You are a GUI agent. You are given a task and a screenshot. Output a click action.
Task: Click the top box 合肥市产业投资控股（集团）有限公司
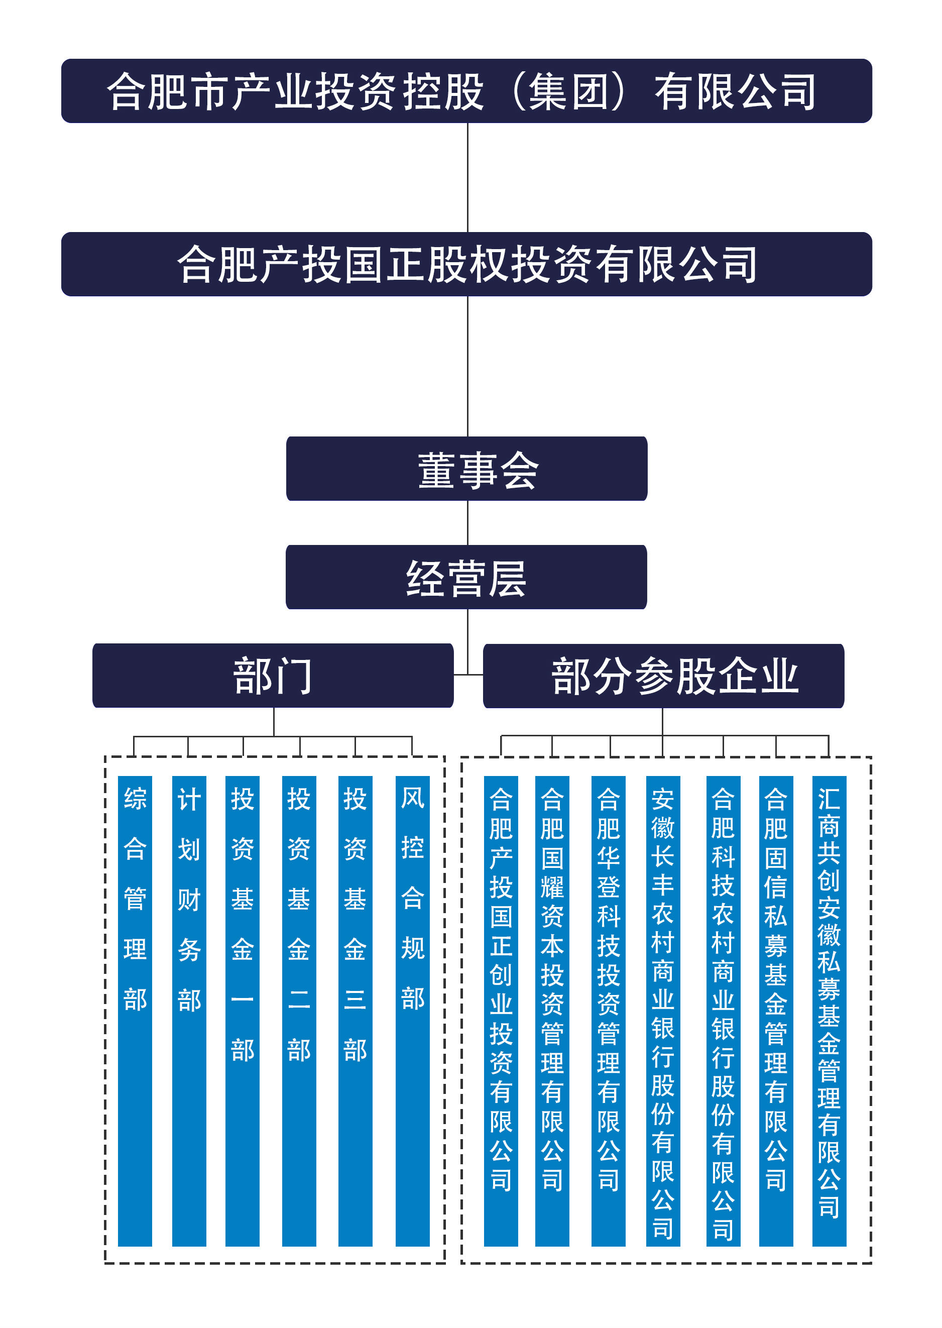(x=466, y=91)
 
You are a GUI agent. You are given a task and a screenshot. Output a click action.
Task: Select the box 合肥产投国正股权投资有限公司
(x=466, y=264)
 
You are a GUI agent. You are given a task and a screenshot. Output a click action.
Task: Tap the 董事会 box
(x=466, y=469)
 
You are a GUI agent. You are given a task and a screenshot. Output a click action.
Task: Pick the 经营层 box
(x=466, y=577)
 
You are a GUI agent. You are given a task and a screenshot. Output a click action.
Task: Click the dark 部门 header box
(x=273, y=676)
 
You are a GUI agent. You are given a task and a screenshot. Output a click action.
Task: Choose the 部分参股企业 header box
(x=663, y=676)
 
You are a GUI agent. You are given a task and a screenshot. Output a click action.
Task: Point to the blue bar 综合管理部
(x=135, y=1010)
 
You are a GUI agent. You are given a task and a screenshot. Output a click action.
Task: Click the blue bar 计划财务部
(x=189, y=1010)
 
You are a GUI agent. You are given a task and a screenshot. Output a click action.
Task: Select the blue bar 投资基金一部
(x=243, y=1010)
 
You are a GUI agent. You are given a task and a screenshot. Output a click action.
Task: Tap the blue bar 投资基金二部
(x=299, y=1010)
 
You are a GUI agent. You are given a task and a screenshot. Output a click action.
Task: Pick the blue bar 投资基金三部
(x=355, y=1010)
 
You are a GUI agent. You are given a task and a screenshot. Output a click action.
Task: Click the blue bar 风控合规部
(x=412, y=1010)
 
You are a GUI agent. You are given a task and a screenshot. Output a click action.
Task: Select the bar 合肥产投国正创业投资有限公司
(x=501, y=1010)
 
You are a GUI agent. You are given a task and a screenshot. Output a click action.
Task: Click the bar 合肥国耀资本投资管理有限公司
(x=552, y=1010)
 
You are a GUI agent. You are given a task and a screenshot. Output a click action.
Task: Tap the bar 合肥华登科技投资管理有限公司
(x=608, y=1010)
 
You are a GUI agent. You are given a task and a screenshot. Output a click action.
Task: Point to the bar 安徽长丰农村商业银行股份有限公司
(x=662, y=1010)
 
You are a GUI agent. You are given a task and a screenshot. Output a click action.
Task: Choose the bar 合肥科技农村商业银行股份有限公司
(x=723, y=1010)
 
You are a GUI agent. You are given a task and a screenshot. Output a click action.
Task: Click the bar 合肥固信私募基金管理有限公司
(x=775, y=1010)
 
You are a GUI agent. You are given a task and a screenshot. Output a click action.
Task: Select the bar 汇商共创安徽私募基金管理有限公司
(x=829, y=1010)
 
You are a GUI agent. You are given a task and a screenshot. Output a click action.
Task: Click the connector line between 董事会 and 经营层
(x=467, y=523)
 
